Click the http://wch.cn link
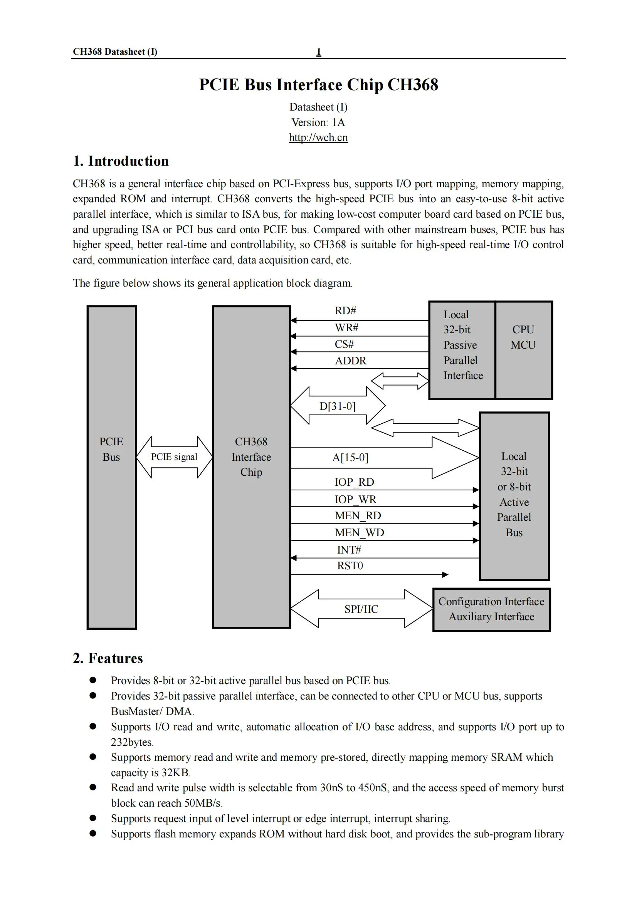point(318,138)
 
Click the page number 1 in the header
point(319,51)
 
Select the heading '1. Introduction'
point(121,161)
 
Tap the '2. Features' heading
point(108,658)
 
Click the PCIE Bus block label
point(111,449)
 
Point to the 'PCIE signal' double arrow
point(174,457)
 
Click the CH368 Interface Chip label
point(251,457)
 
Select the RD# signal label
point(345,311)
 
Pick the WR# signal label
point(346,328)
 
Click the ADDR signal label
point(351,361)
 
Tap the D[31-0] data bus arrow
point(338,406)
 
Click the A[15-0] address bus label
point(351,458)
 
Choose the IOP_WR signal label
point(355,499)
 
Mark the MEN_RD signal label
point(358,516)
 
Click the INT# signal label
point(349,550)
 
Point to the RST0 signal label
point(350,565)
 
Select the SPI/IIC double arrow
point(361,609)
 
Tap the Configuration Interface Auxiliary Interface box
point(491,609)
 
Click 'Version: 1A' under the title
point(318,122)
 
